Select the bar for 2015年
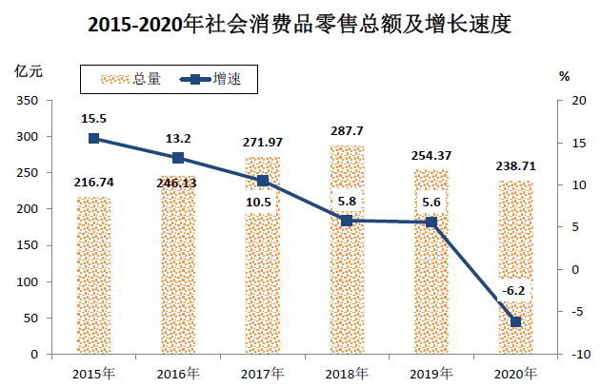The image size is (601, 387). [x=94, y=276]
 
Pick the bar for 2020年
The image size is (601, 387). [x=515, y=267]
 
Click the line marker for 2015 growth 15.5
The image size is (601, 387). [x=94, y=139]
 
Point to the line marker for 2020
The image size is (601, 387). [x=515, y=321]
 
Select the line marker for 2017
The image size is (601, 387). [x=263, y=181]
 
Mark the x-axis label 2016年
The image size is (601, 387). [x=178, y=372]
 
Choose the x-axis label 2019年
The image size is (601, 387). [x=431, y=372]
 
